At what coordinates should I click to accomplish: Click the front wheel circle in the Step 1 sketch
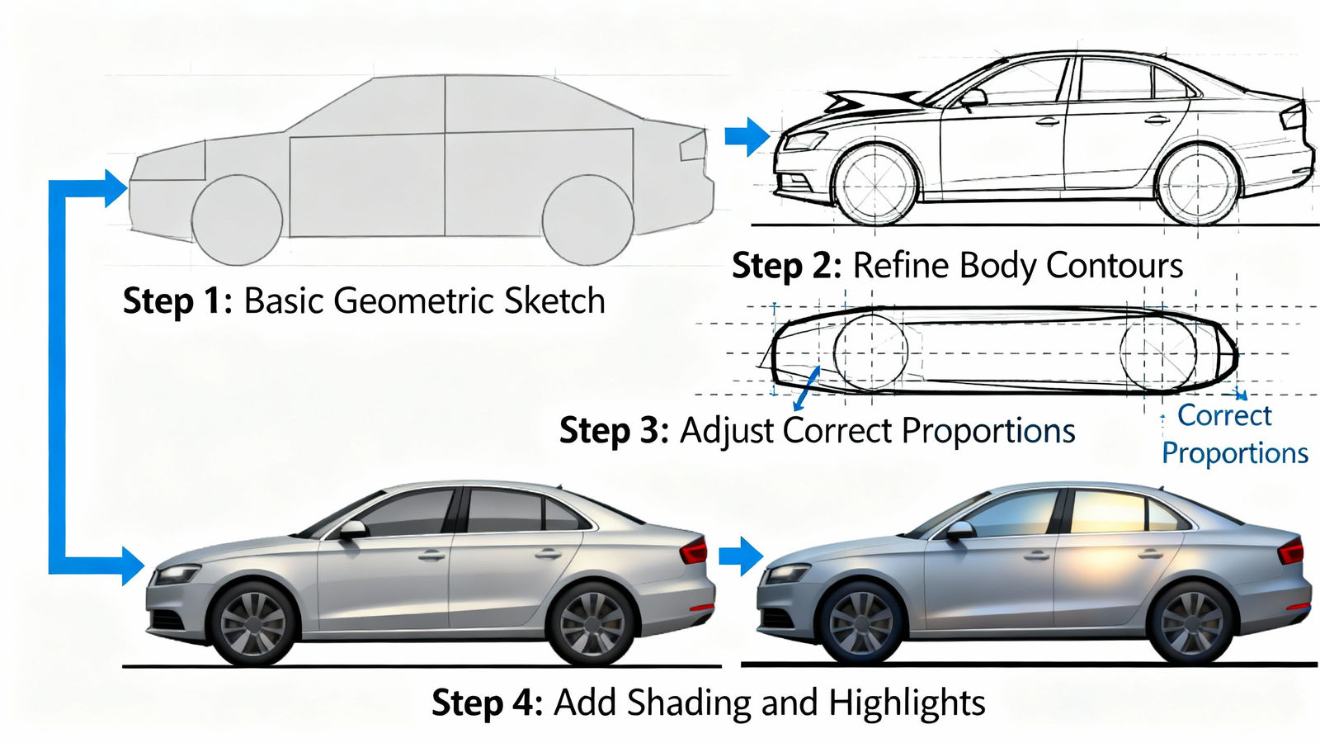click(238, 220)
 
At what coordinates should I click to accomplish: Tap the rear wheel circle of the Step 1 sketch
click(587, 220)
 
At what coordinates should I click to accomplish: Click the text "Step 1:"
click(178, 301)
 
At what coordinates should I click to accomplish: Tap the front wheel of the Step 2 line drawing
click(874, 186)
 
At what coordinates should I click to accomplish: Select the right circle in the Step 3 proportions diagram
click(1158, 353)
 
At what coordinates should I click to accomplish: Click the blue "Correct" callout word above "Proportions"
click(1224, 415)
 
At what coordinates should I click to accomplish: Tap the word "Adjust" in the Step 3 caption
click(727, 431)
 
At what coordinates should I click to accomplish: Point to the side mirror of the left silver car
click(352, 529)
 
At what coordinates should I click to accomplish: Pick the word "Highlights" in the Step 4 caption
click(907, 703)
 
